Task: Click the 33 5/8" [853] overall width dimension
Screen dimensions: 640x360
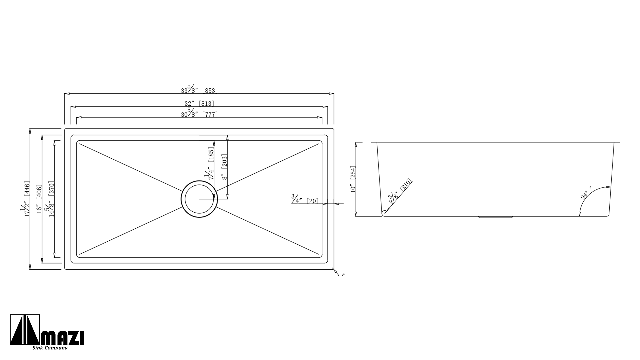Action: pyautogui.click(x=199, y=89)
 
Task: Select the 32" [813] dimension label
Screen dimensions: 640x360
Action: pyautogui.click(x=199, y=103)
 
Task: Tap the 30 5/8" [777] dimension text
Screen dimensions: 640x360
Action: pyautogui.click(x=199, y=113)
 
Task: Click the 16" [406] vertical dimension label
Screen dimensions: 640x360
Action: pyautogui.click(x=39, y=199)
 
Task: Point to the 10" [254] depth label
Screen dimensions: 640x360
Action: pyautogui.click(x=353, y=179)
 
